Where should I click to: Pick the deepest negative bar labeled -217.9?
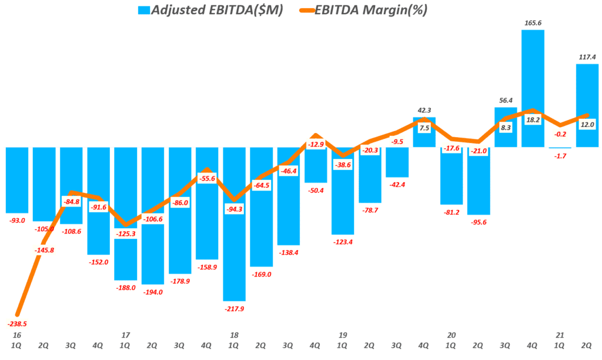[234, 224]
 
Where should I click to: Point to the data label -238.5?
[18, 324]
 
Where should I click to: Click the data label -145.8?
[45, 250]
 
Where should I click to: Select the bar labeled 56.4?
[506, 126]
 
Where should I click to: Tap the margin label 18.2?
[533, 119]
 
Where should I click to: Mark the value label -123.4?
[343, 242]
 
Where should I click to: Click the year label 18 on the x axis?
[234, 335]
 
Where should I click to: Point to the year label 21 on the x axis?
[560, 335]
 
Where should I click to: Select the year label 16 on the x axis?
[17, 335]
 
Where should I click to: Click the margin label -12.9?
[316, 144]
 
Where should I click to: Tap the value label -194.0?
[152, 292]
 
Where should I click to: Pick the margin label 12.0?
[587, 125]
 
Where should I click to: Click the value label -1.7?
[560, 156]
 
